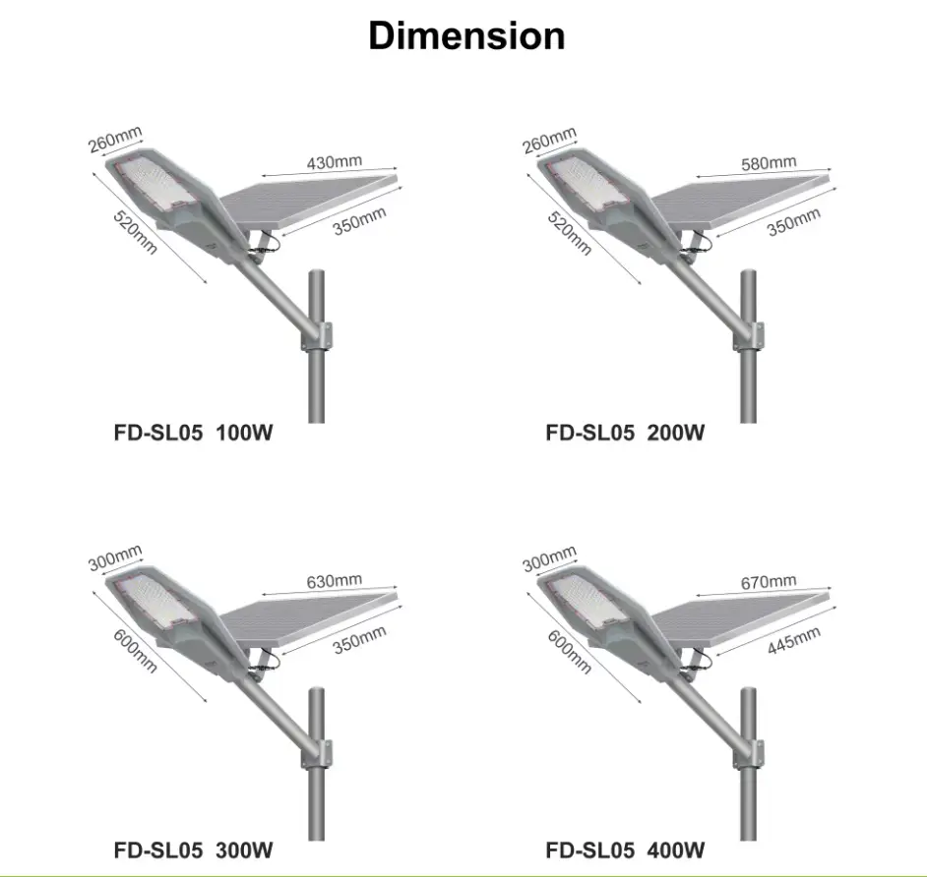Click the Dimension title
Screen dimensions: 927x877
point(466,35)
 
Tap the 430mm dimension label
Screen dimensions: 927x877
point(334,162)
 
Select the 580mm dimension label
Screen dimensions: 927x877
point(769,162)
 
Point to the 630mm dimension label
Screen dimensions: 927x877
point(334,581)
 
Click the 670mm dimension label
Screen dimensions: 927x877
point(769,582)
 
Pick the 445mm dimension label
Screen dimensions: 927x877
point(794,640)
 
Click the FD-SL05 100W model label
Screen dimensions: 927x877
point(193,433)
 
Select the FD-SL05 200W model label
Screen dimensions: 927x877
point(625,433)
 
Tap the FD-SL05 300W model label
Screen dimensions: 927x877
point(193,850)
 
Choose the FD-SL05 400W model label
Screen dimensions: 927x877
point(625,850)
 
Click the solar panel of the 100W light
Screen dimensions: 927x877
point(307,201)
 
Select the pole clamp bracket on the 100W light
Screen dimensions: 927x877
point(318,337)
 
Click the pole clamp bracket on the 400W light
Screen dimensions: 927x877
point(749,755)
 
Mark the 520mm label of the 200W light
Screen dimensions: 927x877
point(569,234)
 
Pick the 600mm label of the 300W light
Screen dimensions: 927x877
point(136,652)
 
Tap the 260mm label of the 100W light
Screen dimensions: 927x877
point(115,140)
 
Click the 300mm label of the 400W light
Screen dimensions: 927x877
point(549,558)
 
